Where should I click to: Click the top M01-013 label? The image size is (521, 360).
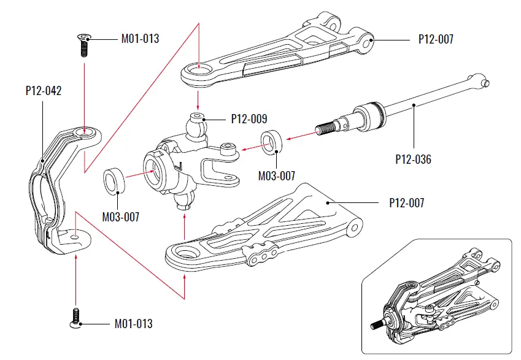click(140, 39)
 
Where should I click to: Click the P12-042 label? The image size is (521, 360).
click(43, 90)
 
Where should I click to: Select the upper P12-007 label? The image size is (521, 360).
click(436, 39)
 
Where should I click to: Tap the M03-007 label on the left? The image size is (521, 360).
click(121, 216)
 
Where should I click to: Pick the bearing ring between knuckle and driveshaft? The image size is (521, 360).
click(271, 141)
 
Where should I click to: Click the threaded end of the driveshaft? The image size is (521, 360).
click(325, 128)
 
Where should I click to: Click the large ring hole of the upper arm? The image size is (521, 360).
click(198, 72)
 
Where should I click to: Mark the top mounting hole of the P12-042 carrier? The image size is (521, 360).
click(86, 131)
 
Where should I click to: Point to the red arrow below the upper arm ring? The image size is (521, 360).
click(198, 99)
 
